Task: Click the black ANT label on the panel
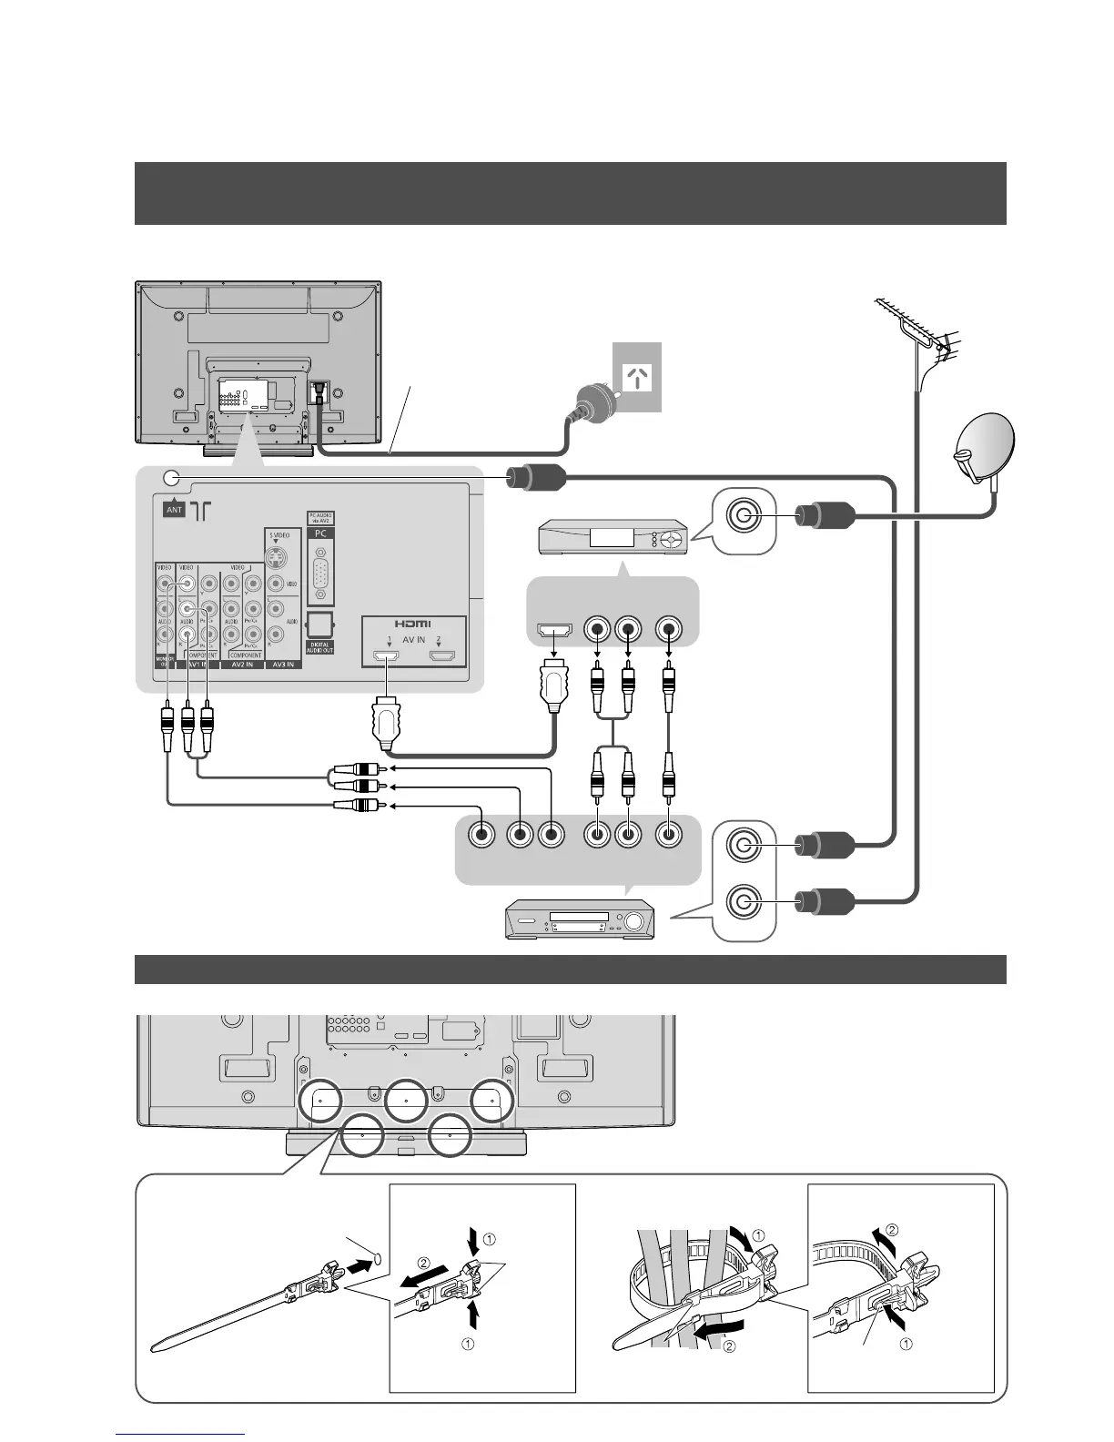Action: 174,509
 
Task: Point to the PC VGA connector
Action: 320,573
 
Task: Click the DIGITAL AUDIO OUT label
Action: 320,645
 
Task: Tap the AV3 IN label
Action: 283,665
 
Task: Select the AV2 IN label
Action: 242,665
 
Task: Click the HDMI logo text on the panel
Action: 414,625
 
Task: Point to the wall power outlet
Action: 637,377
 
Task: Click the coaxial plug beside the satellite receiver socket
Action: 824,516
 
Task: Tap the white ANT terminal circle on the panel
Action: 170,478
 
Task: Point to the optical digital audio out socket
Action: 320,624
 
